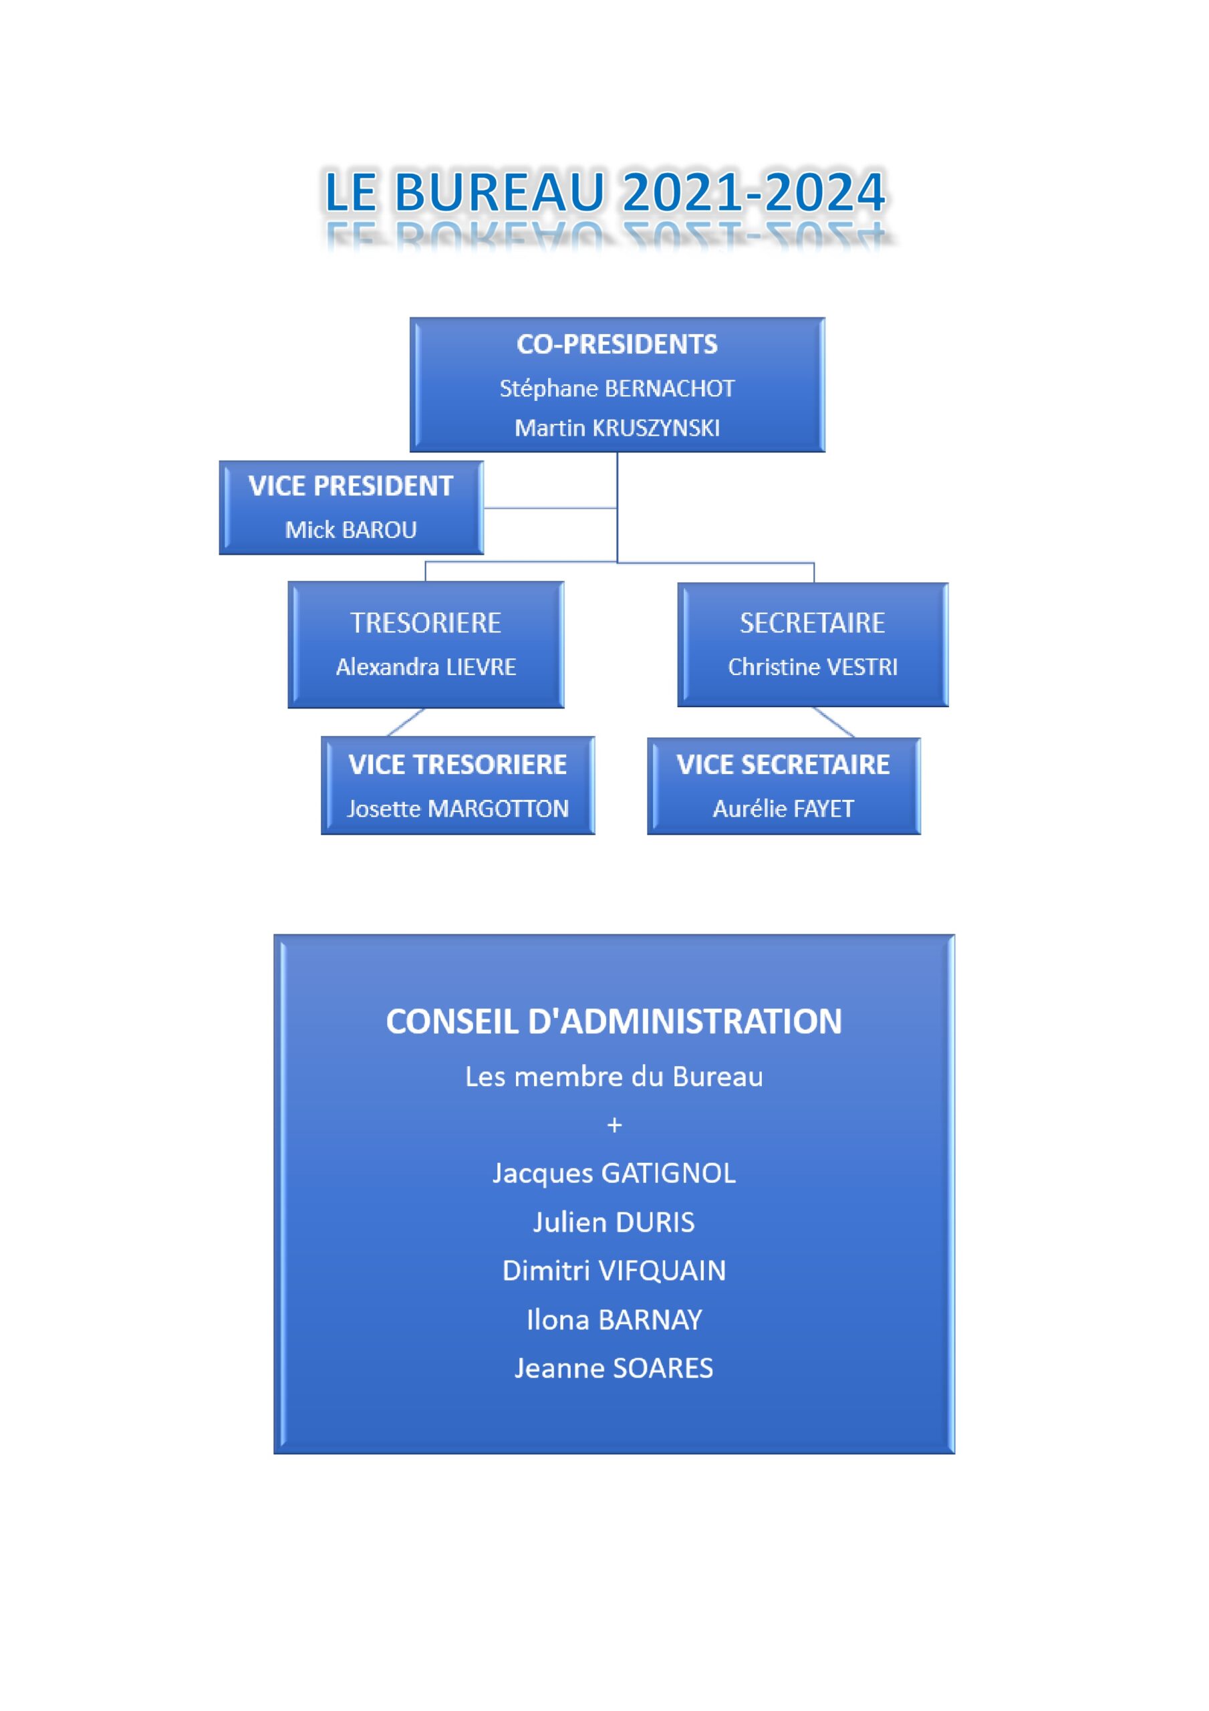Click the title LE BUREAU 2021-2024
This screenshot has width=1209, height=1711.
(604, 192)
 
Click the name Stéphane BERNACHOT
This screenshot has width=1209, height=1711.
(617, 388)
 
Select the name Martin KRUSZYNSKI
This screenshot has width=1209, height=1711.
(617, 428)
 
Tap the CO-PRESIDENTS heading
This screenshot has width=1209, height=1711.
(617, 344)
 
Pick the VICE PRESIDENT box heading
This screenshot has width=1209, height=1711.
(351, 486)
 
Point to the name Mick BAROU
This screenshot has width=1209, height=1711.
(351, 530)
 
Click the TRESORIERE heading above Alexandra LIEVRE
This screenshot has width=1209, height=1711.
(426, 623)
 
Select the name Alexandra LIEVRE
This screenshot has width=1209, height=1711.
(426, 667)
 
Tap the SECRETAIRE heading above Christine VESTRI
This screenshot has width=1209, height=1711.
(813, 623)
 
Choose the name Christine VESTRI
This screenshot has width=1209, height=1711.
(813, 667)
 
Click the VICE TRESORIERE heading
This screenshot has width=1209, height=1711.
(458, 765)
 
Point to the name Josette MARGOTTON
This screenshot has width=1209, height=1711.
(458, 809)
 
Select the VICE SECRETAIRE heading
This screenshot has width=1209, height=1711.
(783, 765)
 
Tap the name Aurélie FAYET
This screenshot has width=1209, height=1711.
(783, 809)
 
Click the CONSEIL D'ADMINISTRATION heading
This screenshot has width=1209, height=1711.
(614, 1022)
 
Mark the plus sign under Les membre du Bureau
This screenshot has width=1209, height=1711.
(614, 1125)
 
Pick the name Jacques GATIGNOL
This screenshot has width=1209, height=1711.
(614, 1173)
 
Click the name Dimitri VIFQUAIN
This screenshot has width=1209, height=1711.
(614, 1271)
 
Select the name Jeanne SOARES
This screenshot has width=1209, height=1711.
(614, 1368)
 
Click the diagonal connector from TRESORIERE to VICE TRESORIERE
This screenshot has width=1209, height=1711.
(406, 722)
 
